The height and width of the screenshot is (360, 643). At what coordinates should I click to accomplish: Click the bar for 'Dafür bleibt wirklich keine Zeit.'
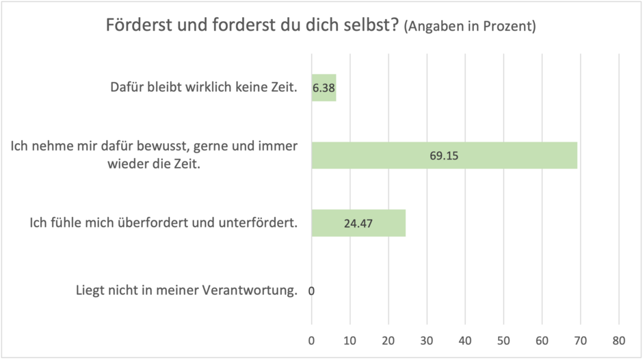[324, 88]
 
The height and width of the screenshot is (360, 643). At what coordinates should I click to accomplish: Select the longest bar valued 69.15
[444, 155]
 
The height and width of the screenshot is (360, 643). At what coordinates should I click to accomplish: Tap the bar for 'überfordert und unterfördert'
[358, 222]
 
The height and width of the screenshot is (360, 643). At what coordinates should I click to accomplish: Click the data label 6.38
[324, 88]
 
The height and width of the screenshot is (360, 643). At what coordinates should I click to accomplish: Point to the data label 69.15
[444, 155]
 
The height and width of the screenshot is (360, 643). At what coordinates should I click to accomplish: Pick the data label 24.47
[358, 223]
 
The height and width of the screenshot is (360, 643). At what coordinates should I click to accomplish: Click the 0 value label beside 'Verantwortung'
[311, 291]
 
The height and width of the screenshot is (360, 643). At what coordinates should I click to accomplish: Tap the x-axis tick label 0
[312, 340]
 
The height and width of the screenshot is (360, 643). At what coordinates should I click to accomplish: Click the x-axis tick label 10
[350, 340]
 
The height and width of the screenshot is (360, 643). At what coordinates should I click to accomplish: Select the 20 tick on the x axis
[389, 340]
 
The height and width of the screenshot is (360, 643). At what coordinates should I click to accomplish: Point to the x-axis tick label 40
[465, 340]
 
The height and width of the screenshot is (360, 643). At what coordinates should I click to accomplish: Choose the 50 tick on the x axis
[503, 340]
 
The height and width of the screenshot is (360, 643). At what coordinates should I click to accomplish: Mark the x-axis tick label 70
[581, 340]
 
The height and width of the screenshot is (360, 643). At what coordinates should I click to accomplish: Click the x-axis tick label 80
[619, 340]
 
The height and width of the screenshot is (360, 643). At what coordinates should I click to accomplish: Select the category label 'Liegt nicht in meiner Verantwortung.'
[187, 290]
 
